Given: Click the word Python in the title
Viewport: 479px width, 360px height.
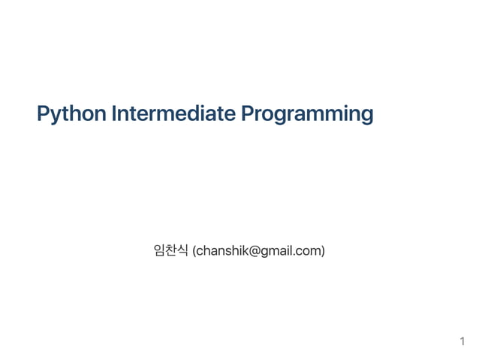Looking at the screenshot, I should pos(71,115).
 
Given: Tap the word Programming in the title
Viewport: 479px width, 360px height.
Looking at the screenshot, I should pos(307,115).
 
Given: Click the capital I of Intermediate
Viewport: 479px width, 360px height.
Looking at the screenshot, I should pos(113,114).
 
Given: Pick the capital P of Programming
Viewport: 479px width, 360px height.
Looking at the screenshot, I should pos(248,114).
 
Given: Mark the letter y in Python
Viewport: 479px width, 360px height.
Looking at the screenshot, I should pos(57,116).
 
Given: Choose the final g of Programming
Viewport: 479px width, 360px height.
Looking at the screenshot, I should pos(366,116).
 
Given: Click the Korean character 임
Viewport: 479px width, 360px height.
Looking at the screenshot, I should pos(158,250).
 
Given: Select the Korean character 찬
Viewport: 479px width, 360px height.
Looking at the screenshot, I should pos(171,250).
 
